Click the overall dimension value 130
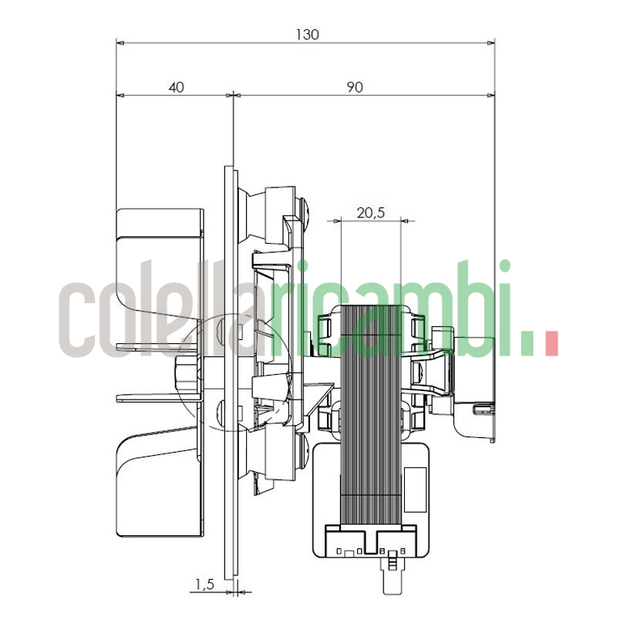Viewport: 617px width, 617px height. click(307, 34)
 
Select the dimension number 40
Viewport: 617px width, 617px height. click(176, 87)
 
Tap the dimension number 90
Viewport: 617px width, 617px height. click(354, 87)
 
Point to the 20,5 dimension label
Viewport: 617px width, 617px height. click(370, 213)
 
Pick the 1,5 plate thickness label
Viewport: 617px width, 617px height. click(204, 585)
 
